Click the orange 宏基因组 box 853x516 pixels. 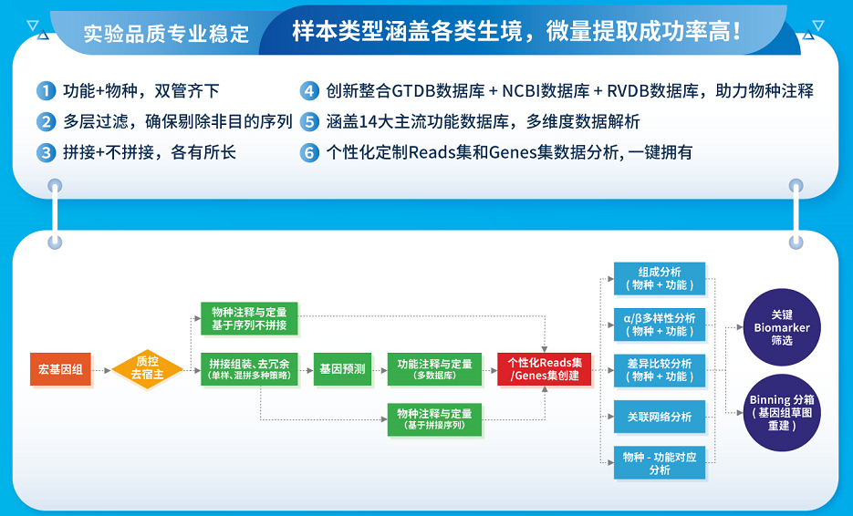(x=60, y=369)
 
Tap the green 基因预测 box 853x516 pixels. (x=342, y=369)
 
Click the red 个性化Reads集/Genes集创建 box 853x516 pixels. (x=544, y=369)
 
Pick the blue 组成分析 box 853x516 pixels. (x=659, y=278)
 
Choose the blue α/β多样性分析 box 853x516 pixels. (x=659, y=324)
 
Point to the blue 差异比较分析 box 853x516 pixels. (x=659, y=369)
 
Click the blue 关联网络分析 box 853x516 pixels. (x=659, y=417)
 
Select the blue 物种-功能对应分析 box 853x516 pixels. (x=659, y=463)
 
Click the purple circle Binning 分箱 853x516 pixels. (x=782, y=412)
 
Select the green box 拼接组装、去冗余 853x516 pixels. (x=249, y=369)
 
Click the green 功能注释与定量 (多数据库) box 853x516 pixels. (x=434, y=369)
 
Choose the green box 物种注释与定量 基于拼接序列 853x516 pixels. (x=434, y=419)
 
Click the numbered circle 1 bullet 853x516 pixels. (x=46, y=91)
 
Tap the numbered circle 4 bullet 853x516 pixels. (x=309, y=91)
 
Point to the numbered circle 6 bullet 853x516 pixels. (x=309, y=152)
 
